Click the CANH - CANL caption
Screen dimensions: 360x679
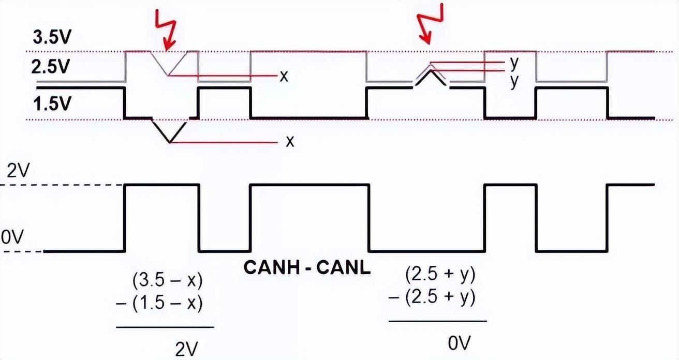click(x=307, y=268)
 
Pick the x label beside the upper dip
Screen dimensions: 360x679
click(x=284, y=77)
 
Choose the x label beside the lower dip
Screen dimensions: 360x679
click(x=290, y=141)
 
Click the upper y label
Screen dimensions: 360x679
click(x=514, y=62)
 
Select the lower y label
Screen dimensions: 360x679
click(x=514, y=81)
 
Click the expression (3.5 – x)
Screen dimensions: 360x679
click(x=167, y=281)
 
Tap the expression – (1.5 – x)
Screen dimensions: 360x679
click(x=159, y=303)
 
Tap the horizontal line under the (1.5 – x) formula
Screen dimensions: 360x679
click(x=165, y=327)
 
